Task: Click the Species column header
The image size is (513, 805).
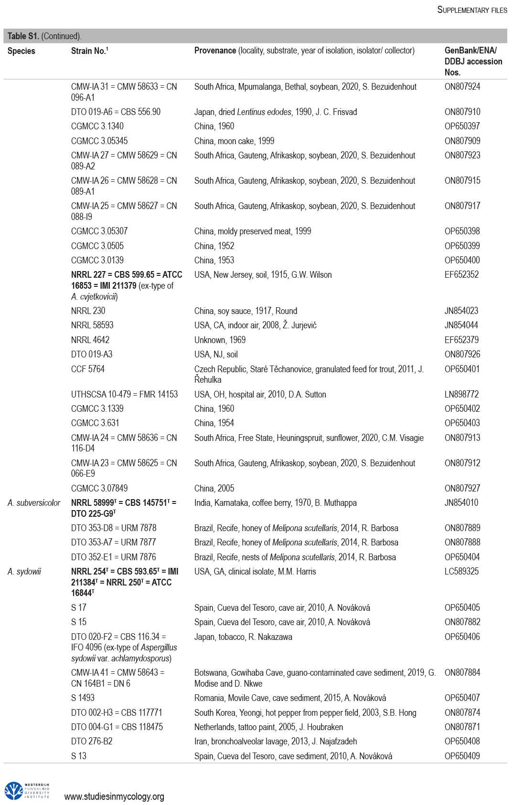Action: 21,51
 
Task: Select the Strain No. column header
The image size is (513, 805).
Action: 89,51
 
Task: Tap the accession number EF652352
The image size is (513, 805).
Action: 461,275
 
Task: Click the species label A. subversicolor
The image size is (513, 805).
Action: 34,503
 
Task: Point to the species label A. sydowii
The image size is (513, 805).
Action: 24,572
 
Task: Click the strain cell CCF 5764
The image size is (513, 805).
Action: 88,369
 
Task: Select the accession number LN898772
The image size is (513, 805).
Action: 461,395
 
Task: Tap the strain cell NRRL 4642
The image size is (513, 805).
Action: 90,340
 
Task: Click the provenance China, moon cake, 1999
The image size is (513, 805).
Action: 234,141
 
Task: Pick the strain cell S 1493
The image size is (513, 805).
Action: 83,698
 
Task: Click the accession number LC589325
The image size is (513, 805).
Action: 461,572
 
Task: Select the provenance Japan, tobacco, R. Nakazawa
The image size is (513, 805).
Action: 243,637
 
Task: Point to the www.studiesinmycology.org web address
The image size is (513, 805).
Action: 114,796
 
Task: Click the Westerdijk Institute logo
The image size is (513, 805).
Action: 27,791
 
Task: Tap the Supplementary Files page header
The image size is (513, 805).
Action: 472,10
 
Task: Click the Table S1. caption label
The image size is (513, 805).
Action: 23,36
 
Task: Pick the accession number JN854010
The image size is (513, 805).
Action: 461,503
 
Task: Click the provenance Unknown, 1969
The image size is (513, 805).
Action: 220,340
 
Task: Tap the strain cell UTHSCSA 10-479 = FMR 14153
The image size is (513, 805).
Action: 124,395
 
